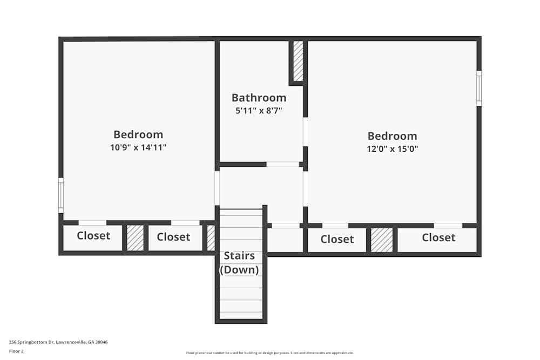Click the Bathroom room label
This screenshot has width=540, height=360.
tap(259, 98)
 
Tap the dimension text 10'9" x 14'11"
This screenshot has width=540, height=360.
tap(138, 147)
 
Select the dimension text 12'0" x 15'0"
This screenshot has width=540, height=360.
tap(393, 148)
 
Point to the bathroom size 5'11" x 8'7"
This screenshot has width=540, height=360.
tap(259, 111)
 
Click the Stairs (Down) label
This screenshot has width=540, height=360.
tap(239, 262)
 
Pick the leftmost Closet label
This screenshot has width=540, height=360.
tap(93, 236)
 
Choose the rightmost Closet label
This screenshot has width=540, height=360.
tap(438, 237)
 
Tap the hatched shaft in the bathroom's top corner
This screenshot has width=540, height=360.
tap(298, 60)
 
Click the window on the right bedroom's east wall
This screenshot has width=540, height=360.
tap(479, 89)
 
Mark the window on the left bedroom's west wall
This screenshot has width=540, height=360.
tap(61, 195)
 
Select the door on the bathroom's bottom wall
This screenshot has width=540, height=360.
tap(282, 164)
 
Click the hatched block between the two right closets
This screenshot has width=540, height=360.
tap(382, 240)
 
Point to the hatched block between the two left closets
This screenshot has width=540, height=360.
tap(135, 238)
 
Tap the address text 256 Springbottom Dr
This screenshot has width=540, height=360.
tap(58, 342)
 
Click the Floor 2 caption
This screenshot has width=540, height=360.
tap(16, 351)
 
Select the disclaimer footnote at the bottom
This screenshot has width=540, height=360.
tap(270, 353)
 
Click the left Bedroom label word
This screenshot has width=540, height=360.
tap(138, 134)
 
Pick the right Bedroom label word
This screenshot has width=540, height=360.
tap(393, 136)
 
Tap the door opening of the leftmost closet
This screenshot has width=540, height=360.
tap(92, 222)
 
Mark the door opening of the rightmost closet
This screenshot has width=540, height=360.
tap(448, 226)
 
